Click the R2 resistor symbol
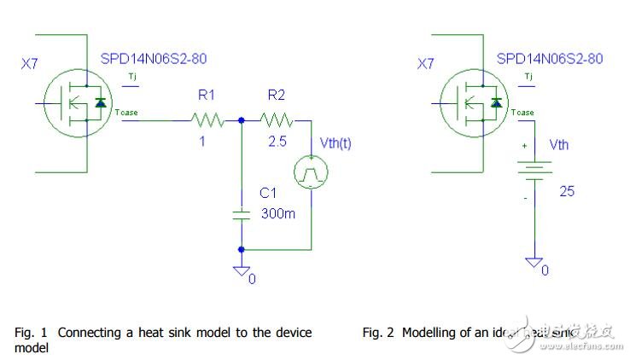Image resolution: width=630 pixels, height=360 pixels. [277, 121]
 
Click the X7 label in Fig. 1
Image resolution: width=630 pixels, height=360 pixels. [30, 64]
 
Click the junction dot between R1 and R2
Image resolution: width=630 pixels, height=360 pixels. [242, 121]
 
